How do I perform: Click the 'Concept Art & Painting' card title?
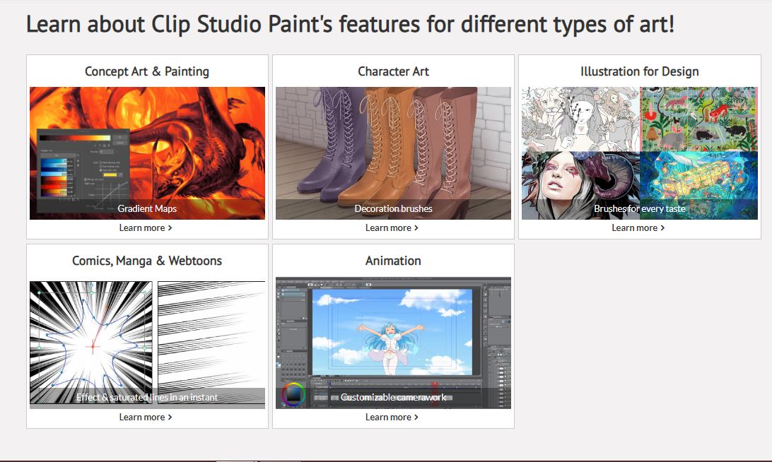click(146, 71)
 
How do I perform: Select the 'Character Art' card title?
click(393, 71)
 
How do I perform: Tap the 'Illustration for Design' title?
click(639, 71)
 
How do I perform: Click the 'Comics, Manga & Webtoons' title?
click(146, 261)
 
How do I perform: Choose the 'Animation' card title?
click(393, 261)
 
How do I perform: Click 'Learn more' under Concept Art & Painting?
click(146, 227)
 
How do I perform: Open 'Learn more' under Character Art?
click(392, 227)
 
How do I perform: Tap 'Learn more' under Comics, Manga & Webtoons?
click(146, 417)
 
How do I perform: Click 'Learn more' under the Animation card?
click(392, 417)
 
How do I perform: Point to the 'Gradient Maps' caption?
click(147, 208)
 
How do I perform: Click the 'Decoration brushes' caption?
click(393, 208)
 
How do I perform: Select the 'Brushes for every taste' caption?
click(639, 208)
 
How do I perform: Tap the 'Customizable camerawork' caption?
click(393, 397)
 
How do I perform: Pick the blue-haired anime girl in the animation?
click(387, 346)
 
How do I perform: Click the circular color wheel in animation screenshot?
click(293, 394)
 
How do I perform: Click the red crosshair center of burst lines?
click(92, 346)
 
